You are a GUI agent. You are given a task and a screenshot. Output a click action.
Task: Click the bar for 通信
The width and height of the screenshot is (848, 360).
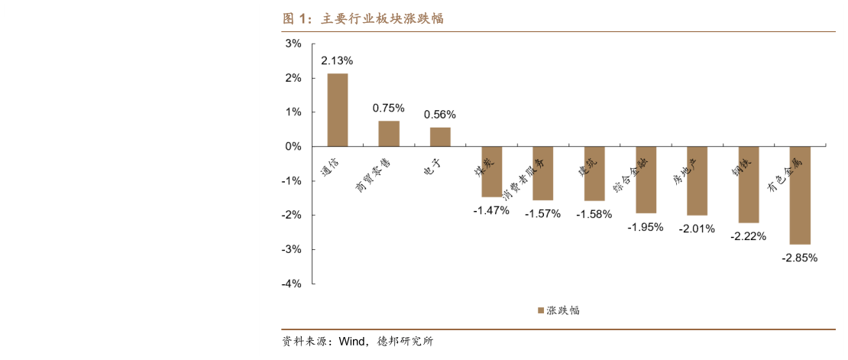(x=337, y=109)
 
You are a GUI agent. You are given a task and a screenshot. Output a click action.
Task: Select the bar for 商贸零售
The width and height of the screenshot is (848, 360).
(x=389, y=133)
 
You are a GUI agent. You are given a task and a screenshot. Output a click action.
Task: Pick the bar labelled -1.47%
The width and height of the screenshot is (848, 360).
(x=491, y=171)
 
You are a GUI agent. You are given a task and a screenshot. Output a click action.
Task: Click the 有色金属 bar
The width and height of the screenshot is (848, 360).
(x=800, y=195)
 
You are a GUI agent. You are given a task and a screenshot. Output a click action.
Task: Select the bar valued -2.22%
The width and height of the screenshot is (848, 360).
(x=749, y=184)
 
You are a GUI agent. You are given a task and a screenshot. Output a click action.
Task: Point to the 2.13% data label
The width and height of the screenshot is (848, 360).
(x=337, y=60)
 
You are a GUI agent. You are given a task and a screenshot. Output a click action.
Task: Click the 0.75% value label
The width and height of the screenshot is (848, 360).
(x=389, y=108)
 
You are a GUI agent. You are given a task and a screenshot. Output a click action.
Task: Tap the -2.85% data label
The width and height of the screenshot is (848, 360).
(x=800, y=258)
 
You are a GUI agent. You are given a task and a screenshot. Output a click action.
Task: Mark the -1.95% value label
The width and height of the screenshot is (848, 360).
(x=646, y=227)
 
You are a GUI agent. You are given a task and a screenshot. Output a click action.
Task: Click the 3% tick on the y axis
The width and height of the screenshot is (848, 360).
(x=294, y=44)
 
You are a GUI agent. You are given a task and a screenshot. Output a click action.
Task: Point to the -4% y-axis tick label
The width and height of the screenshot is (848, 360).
(x=292, y=284)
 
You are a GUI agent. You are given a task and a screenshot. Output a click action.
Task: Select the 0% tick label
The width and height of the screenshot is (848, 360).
(x=294, y=146)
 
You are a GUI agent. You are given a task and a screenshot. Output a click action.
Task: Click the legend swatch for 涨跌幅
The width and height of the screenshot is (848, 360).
(x=540, y=310)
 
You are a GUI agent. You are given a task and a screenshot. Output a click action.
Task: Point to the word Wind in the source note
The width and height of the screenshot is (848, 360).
(x=352, y=342)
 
